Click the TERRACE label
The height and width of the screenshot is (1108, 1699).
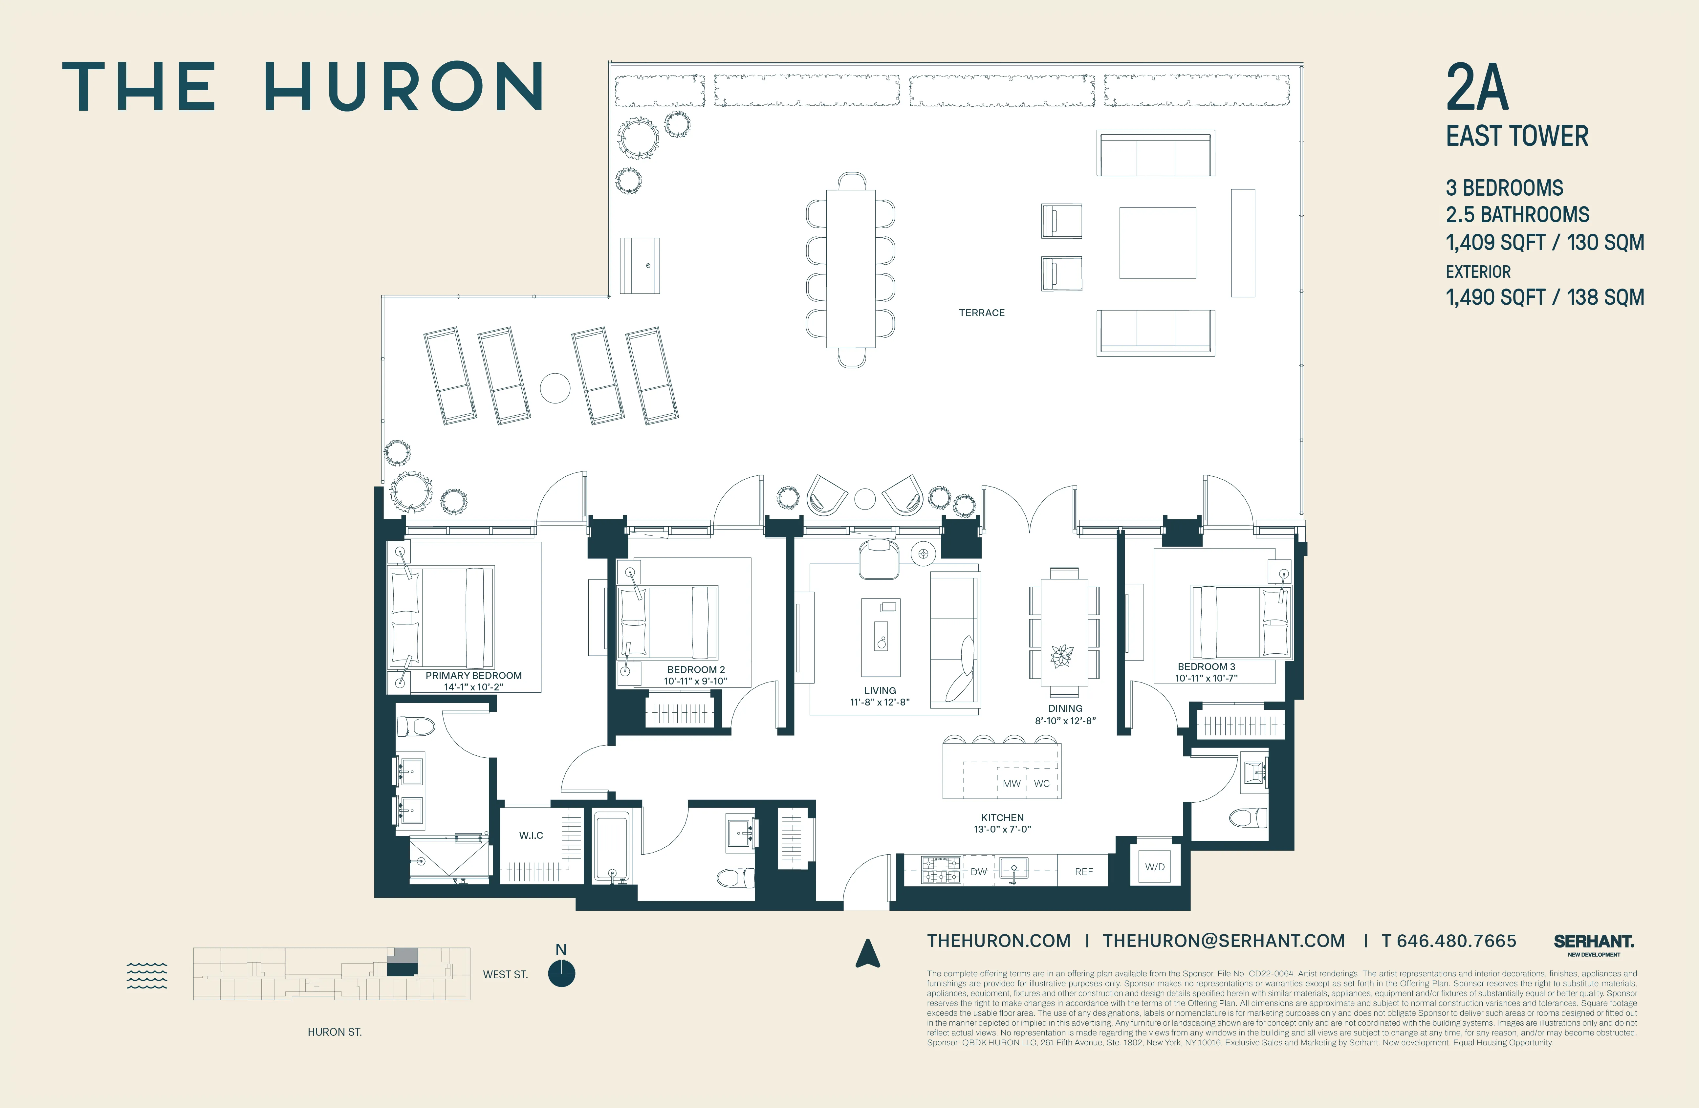982,313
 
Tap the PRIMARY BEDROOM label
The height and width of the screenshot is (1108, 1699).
473,675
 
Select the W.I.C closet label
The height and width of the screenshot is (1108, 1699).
531,835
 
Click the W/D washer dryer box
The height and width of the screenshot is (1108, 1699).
1154,867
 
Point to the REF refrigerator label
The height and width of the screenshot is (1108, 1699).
1084,872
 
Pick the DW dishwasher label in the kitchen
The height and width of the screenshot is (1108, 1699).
979,872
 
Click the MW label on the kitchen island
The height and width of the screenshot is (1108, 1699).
1012,783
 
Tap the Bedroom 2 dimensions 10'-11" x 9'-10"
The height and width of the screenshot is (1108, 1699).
695,681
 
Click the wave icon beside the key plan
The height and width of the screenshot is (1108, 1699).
147,975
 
